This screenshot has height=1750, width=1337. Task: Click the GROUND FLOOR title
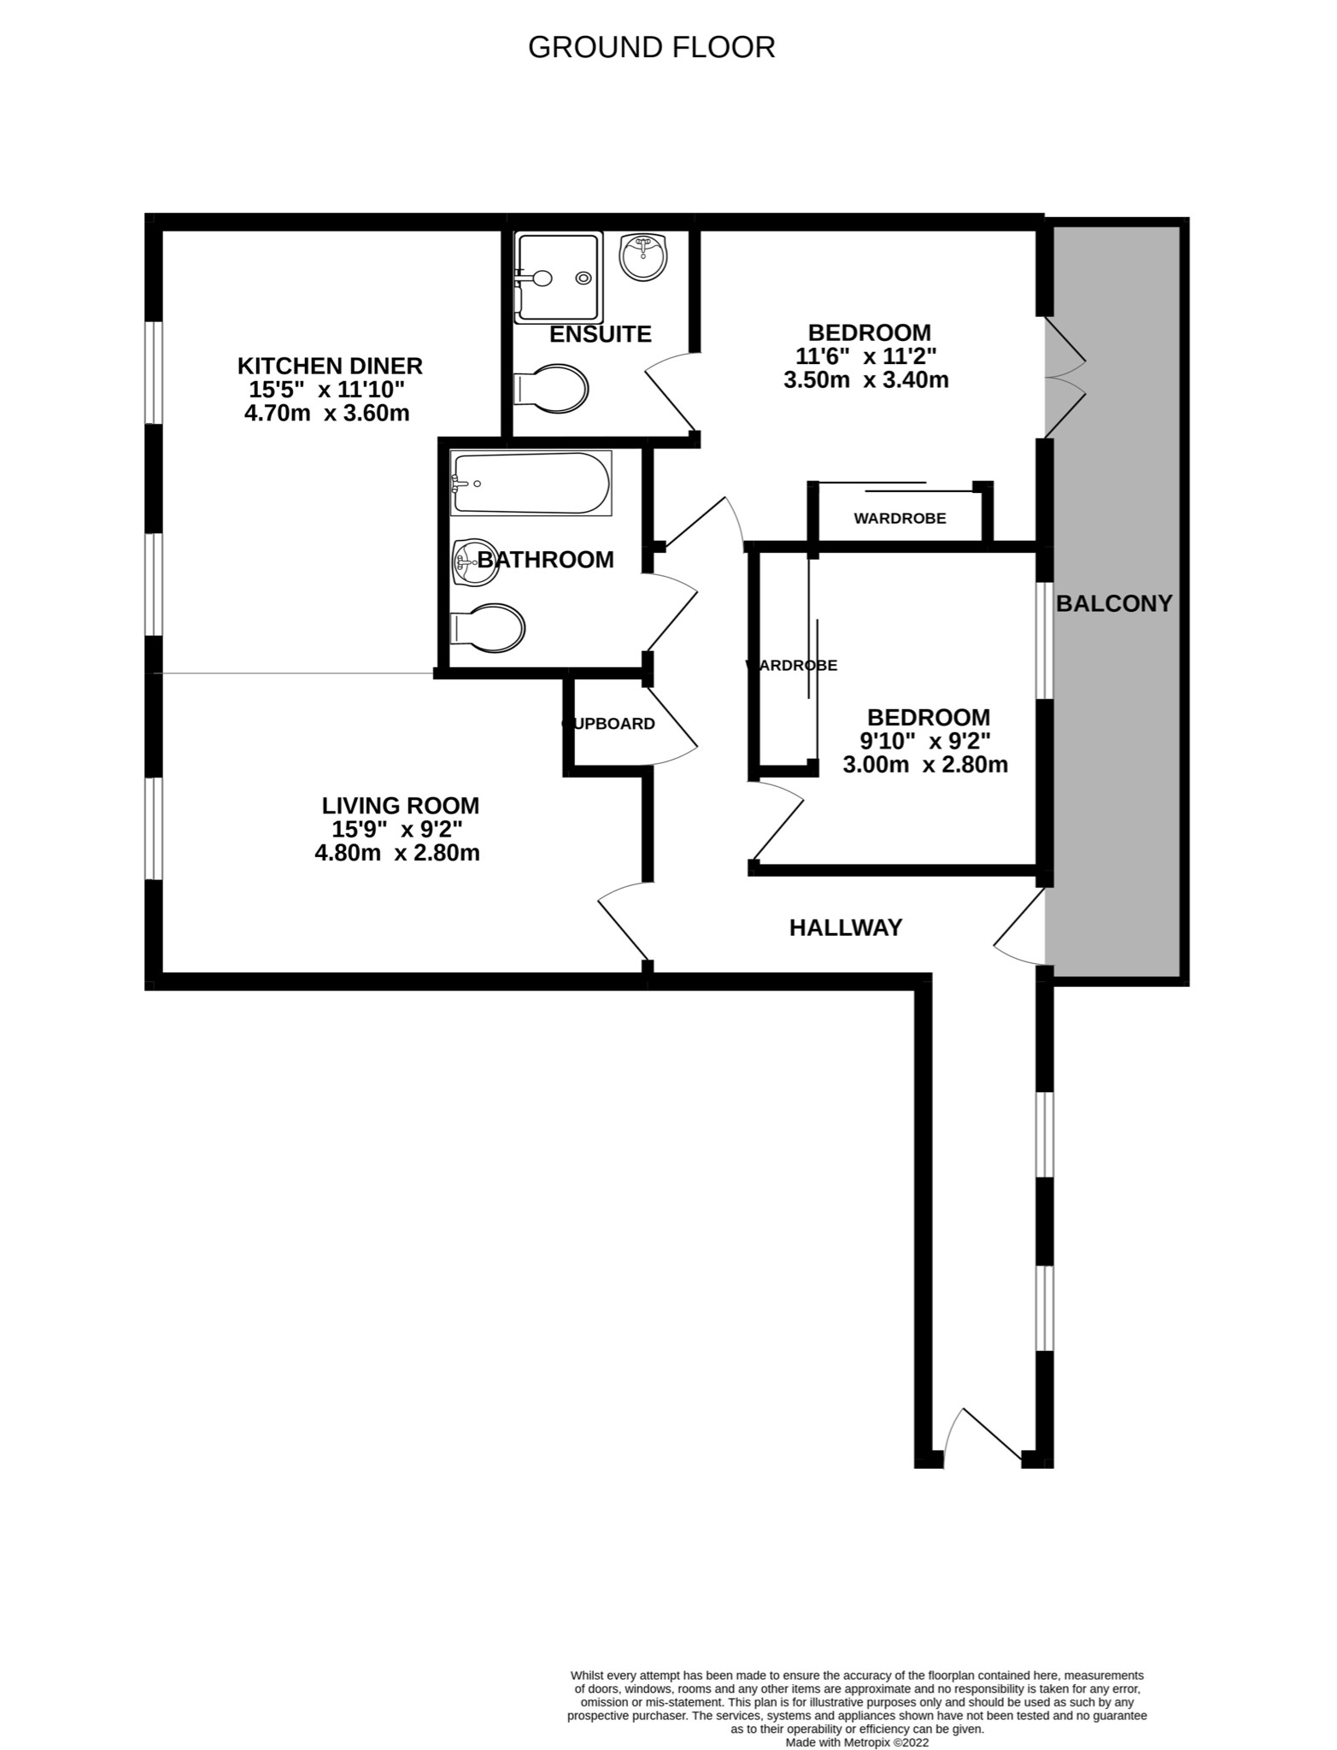pyautogui.click(x=651, y=48)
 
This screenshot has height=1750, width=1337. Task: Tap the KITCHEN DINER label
pyautogui.click(x=330, y=366)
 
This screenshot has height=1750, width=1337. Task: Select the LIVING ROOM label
pyautogui.click(x=400, y=805)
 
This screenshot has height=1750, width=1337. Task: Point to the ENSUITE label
pyautogui.click(x=600, y=334)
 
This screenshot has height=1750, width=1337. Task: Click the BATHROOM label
pyautogui.click(x=545, y=560)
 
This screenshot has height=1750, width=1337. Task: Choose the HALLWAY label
pyautogui.click(x=845, y=927)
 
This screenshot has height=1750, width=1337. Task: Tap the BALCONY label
pyautogui.click(x=1114, y=603)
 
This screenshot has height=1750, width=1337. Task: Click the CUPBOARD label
pyautogui.click(x=608, y=724)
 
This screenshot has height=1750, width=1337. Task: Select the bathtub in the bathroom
pyautogui.click(x=531, y=484)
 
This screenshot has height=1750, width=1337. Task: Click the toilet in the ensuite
pyautogui.click(x=553, y=391)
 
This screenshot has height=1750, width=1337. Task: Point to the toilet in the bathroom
pyautogui.click(x=488, y=628)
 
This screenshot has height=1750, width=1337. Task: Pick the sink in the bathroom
pyautogui.click(x=474, y=562)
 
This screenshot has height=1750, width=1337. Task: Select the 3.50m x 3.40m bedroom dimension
pyautogui.click(x=865, y=380)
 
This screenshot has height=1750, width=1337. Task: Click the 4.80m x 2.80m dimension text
pyautogui.click(x=397, y=853)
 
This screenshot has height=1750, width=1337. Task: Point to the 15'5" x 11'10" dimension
pyautogui.click(x=326, y=390)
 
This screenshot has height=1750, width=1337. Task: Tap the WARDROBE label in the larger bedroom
pyautogui.click(x=900, y=519)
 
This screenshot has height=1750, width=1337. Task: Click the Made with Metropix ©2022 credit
pyautogui.click(x=856, y=1742)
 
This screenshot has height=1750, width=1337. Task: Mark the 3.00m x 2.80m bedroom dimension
pyautogui.click(x=925, y=765)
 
